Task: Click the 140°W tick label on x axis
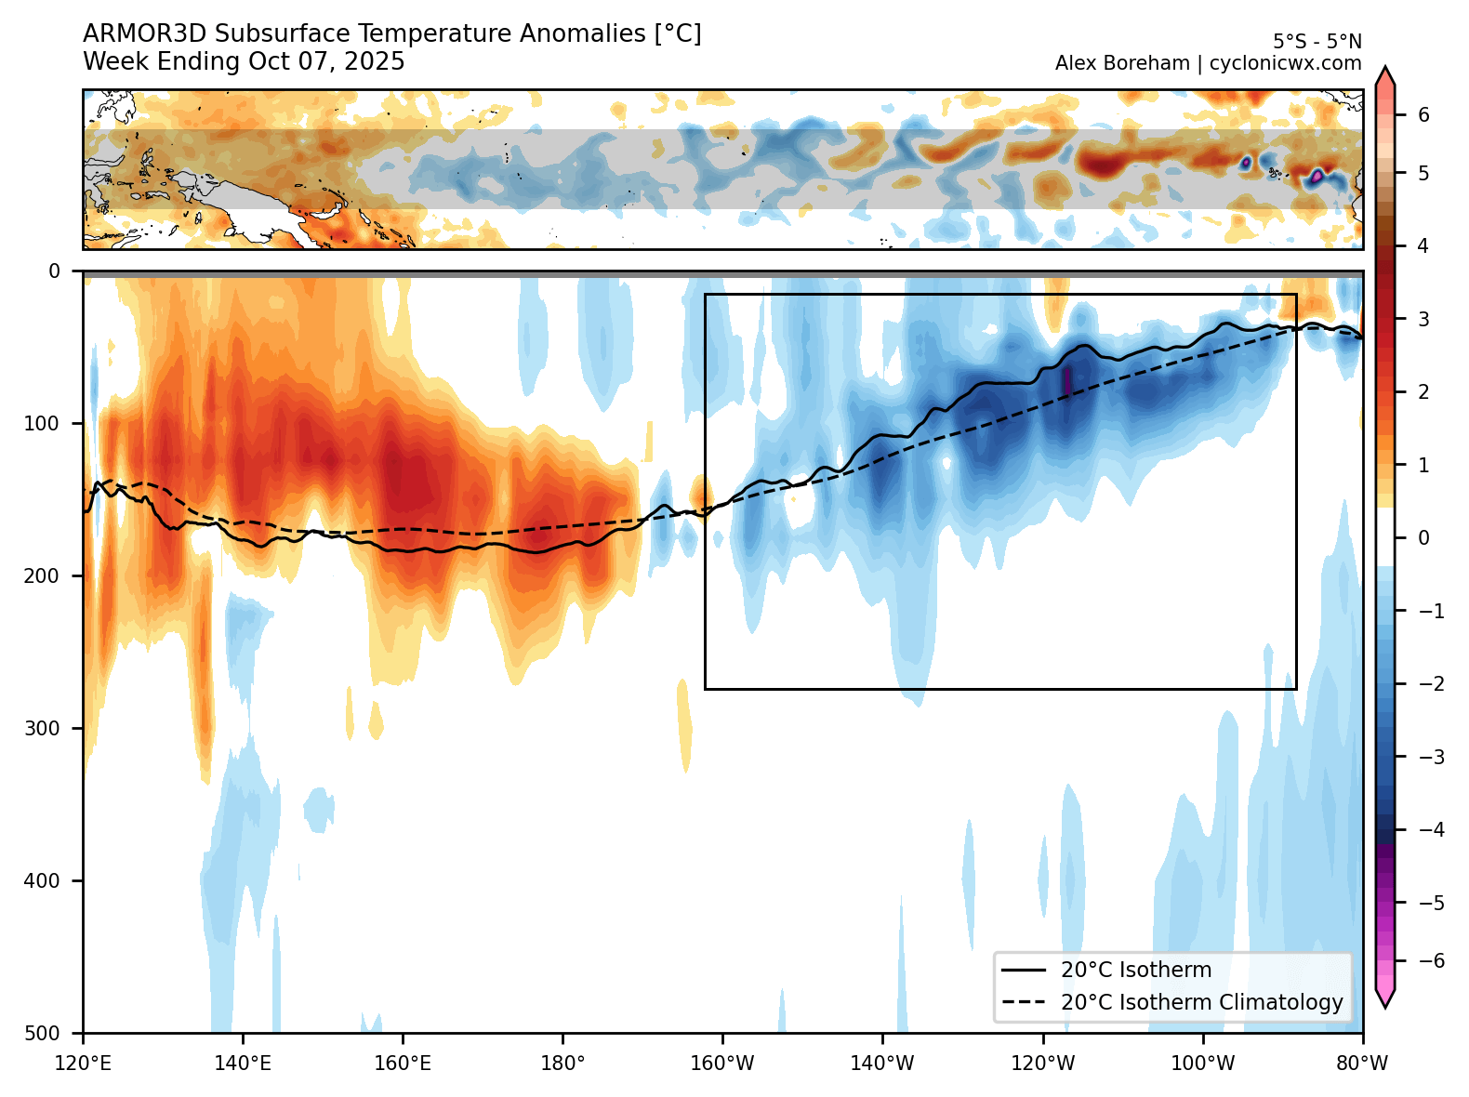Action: [882, 1063]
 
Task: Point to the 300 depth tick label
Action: [41, 728]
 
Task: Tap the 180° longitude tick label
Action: [562, 1063]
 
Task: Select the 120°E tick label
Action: [84, 1063]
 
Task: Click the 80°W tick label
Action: [1362, 1063]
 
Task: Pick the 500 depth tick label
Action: [41, 1033]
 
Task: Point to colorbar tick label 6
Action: [1423, 115]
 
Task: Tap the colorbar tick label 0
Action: [1423, 537]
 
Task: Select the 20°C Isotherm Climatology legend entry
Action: [1201, 1002]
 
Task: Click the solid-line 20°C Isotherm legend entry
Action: [1135, 970]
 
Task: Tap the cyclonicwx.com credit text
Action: [1285, 63]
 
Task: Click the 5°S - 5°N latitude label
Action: [1317, 42]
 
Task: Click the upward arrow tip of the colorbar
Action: [1384, 73]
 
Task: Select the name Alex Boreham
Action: [1121, 63]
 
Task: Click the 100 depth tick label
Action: [41, 424]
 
